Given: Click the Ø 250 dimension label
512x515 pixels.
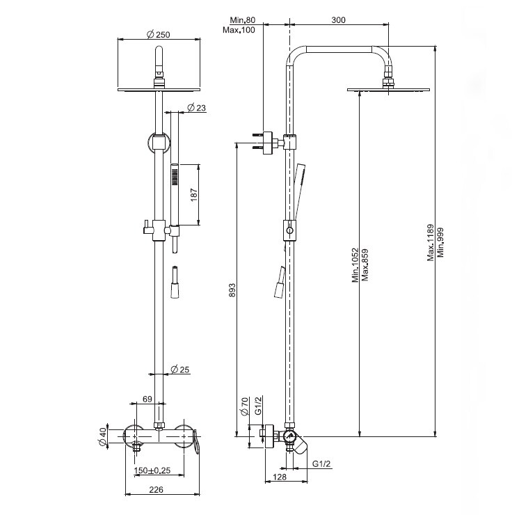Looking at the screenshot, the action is coord(159,34).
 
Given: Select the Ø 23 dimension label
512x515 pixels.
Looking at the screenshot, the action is coord(196,107).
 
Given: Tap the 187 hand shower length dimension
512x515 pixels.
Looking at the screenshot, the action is coord(193,195).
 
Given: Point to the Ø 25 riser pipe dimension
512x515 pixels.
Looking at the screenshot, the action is coord(180,370).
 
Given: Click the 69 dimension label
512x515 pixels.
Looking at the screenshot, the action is coord(147,399).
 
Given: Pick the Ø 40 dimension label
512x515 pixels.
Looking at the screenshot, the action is coord(103,436).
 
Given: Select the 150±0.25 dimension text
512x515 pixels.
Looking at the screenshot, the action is coord(152,470).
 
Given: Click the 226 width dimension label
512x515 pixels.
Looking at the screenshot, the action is coord(157,490).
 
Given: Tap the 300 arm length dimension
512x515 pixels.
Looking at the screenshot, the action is coord(338,20).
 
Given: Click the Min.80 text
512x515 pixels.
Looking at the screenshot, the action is coord(243,20).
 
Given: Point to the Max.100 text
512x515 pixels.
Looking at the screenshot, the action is coord(239,30).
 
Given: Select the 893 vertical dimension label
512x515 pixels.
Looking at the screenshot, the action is coord(232,290).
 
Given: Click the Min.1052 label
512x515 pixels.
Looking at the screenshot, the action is coord(355,264).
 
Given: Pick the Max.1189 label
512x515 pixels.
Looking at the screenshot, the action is coord(431,242).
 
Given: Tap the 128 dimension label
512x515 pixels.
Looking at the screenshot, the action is coord(280,477).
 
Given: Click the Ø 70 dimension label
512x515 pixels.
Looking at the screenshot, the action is coord(244,406).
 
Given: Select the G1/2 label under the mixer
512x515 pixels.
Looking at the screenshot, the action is coord(321,463).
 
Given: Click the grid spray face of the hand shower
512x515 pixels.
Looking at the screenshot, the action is coord(175,176).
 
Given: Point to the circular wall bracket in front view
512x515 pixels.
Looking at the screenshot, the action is coord(159,143).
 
